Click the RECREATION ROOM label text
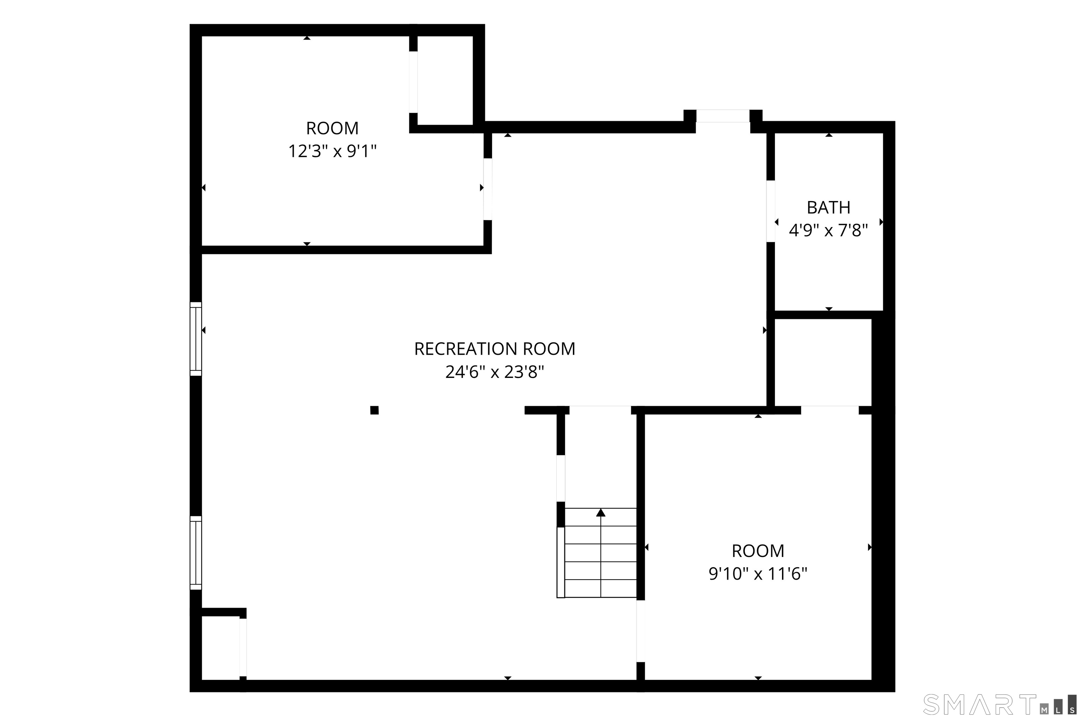(494, 349)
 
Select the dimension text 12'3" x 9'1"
(332, 151)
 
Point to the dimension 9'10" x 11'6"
(758, 574)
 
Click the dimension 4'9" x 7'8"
(828, 230)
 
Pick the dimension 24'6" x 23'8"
(494, 372)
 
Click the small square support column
(374, 410)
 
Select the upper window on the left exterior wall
(196, 339)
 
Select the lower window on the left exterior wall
(196, 553)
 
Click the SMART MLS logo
(1000, 704)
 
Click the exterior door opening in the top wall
(723, 116)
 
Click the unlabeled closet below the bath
(823, 362)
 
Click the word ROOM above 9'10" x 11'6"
(758, 551)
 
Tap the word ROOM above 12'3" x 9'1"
(332, 128)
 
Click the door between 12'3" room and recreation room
(487, 189)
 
